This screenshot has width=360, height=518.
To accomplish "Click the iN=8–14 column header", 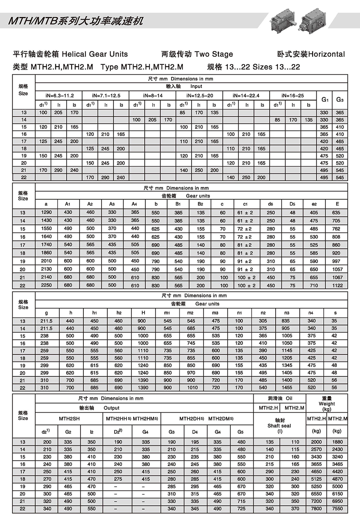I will point(153,96).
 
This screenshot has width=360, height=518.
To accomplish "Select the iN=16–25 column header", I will point(293,96).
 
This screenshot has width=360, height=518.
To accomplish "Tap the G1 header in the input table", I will point(324,99).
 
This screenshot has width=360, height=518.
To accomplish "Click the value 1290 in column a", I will point(46,212).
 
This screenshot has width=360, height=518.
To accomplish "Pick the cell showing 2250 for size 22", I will point(46,285).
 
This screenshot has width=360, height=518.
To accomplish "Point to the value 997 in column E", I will point(337,261).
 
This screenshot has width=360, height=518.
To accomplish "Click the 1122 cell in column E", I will point(337,285).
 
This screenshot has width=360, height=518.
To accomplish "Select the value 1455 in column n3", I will point(287,387).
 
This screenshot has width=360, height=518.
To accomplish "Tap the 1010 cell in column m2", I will point(192,387).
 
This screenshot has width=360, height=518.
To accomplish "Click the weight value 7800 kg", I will point(316,509).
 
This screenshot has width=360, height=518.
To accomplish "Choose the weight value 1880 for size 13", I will point(337,442).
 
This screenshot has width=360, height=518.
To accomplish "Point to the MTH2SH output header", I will point(69,419).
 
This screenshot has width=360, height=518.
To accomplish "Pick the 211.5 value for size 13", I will point(46,321).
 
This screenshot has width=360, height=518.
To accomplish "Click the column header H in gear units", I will point(143,313).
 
